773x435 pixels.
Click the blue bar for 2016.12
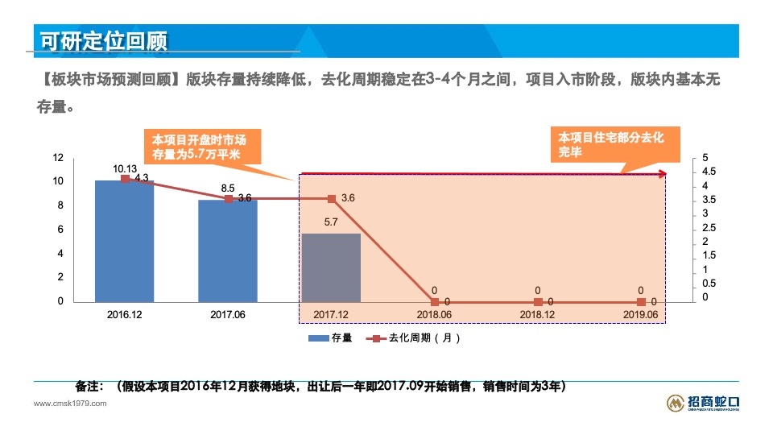click(125, 242)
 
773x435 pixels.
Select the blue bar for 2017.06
click(228, 251)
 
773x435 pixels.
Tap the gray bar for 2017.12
click(331, 268)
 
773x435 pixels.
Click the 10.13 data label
click(125, 169)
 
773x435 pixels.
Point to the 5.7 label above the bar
click(331, 222)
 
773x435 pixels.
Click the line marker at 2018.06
click(435, 302)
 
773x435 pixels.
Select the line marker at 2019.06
click(641, 302)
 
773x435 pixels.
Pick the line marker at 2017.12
click(331, 198)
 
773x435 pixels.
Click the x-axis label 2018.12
click(537, 314)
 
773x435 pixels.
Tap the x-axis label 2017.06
click(228, 314)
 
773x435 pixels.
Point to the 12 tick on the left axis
click(58, 157)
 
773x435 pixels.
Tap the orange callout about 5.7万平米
click(197, 147)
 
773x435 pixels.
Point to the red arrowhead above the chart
click(662, 174)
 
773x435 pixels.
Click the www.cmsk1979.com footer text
click(69, 403)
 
